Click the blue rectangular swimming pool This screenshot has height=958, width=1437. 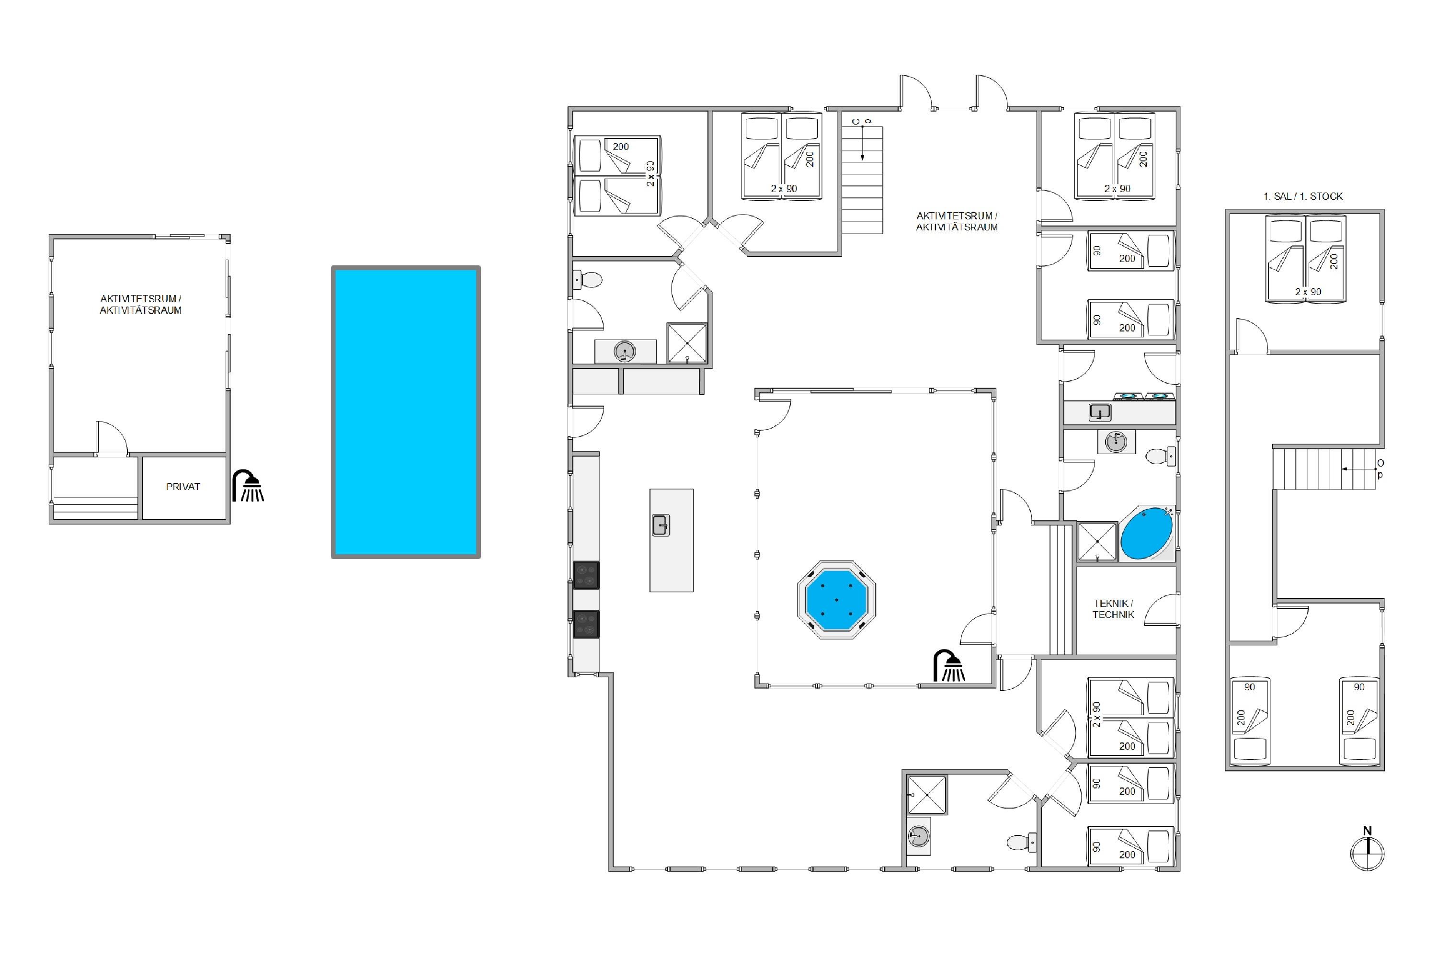coord(406,412)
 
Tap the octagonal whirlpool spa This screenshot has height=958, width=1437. coord(836,599)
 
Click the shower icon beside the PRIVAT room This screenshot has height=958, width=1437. coord(248,486)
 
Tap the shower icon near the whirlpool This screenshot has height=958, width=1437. coord(949,665)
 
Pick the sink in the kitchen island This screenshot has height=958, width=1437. coord(661,525)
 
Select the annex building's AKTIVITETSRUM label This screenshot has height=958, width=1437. coord(140,304)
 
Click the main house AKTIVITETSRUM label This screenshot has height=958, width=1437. coord(957,221)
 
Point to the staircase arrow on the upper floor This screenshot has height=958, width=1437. coord(1360,469)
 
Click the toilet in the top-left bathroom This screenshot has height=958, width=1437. coord(588,280)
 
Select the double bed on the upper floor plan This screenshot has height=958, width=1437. coord(1307,259)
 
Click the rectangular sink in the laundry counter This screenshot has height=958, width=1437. coord(1100,412)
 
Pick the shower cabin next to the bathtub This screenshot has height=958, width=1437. coord(1097,541)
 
